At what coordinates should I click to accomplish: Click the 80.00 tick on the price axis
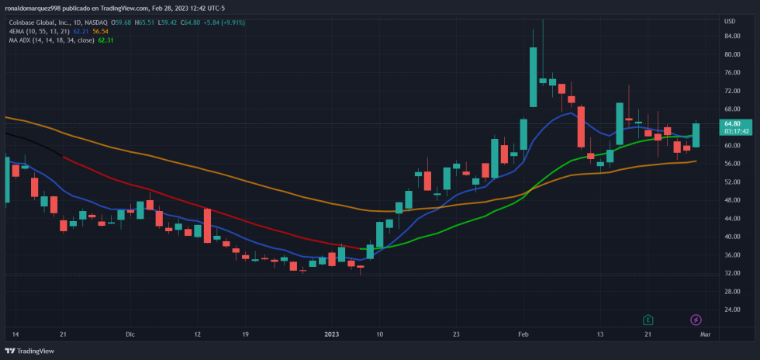731,55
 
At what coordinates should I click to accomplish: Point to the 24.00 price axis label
731,309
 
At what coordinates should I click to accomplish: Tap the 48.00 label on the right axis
731,200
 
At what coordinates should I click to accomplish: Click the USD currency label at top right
730,20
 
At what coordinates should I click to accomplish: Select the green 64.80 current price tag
732,123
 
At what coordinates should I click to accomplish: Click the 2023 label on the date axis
332,334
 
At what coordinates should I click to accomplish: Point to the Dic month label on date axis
130,334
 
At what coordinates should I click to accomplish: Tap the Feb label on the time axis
523,334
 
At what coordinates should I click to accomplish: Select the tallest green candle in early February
534,77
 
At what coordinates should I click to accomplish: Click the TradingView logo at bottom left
32,351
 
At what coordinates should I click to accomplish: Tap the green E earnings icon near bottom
648,320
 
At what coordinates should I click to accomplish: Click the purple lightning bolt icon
696,320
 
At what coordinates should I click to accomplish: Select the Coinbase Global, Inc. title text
40,22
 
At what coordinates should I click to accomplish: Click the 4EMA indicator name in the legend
18,31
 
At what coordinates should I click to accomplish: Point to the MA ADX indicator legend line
50,40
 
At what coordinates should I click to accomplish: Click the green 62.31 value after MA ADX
105,40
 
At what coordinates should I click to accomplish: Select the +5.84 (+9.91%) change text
224,22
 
